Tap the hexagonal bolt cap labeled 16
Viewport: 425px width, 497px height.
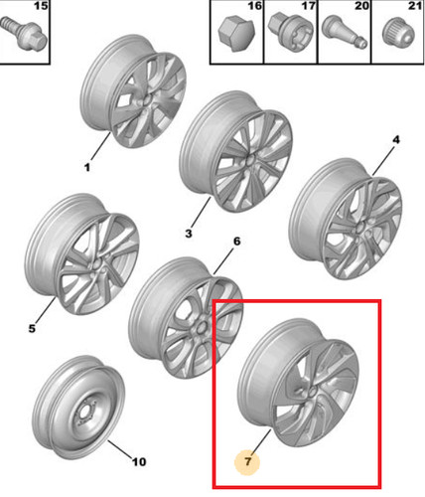[236, 35]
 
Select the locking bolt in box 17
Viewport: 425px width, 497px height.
[288, 34]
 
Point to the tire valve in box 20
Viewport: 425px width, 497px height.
[345, 32]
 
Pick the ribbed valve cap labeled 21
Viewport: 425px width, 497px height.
[398, 34]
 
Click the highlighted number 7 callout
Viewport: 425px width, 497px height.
[247, 461]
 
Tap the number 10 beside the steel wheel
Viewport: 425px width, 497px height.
[139, 461]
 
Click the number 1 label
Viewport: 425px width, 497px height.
[87, 167]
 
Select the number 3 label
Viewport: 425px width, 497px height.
[189, 234]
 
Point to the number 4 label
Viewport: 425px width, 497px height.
[396, 139]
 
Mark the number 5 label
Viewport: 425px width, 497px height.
[32, 328]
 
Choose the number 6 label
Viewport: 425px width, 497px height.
[236, 242]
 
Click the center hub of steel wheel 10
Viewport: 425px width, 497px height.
[84, 412]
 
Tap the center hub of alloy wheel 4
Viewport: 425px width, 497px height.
[360, 229]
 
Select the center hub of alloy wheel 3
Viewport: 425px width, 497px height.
[249, 161]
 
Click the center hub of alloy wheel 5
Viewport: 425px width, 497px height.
[98, 265]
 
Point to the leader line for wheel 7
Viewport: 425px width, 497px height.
[261, 442]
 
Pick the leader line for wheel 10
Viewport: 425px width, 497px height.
[120, 449]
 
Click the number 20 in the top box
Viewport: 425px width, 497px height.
[361, 6]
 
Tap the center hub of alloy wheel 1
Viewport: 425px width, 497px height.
[147, 101]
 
